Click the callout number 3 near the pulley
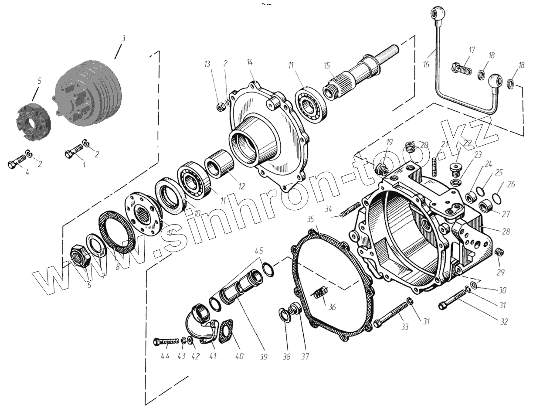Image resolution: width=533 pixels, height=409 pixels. [x=123, y=38]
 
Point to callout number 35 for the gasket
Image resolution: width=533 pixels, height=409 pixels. [x=310, y=218]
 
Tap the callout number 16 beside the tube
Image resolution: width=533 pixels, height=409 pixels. [x=426, y=64]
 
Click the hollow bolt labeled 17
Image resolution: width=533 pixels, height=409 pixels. [x=461, y=68]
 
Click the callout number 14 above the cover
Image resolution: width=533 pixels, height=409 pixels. [x=250, y=62]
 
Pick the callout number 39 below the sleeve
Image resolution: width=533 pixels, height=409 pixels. [x=263, y=357]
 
